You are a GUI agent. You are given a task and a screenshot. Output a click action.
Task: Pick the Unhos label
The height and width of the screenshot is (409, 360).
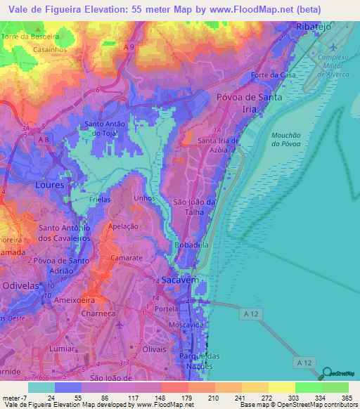tap(143, 199)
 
